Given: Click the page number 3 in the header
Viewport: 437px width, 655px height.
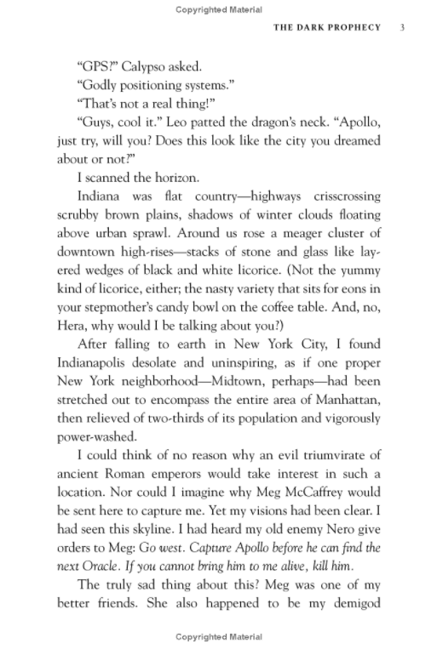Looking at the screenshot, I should [x=401, y=26].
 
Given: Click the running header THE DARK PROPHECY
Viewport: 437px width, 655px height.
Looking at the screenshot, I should [x=327, y=26].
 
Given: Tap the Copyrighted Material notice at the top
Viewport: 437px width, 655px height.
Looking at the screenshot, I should [x=218, y=9].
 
